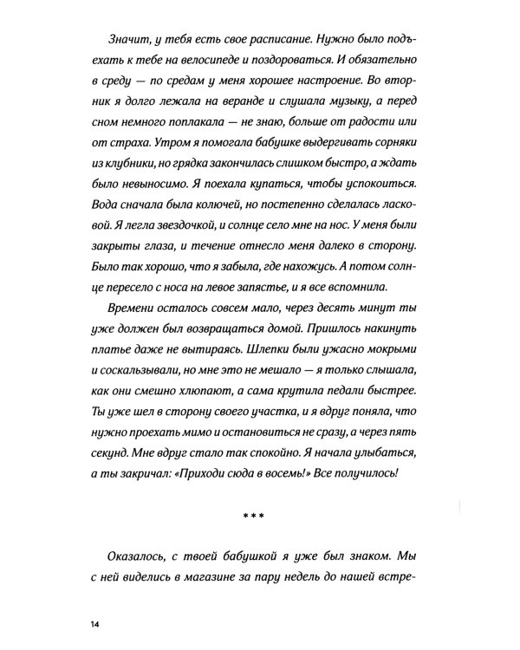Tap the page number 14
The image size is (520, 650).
pos(94,624)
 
